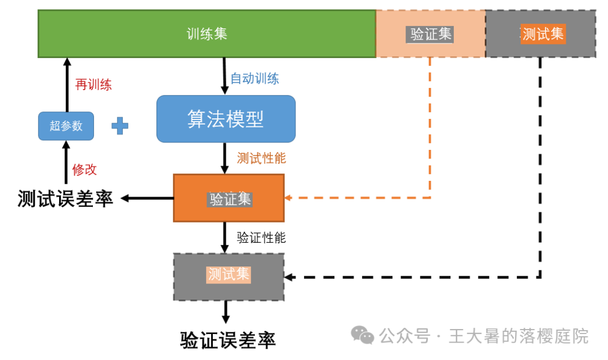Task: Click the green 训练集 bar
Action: (207, 34)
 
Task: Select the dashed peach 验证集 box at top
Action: (431, 34)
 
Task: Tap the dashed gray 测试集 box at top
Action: (540, 34)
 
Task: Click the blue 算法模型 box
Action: (226, 119)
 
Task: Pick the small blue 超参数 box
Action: (66, 126)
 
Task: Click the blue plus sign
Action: (119, 126)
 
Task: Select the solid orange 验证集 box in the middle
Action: (229, 198)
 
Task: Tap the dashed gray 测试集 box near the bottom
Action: (229, 276)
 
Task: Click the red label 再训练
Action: (93, 85)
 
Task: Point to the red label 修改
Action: (84, 170)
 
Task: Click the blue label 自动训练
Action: (254, 78)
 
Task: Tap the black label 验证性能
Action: (261, 238)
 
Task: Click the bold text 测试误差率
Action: (65, 199)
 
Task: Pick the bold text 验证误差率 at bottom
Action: (228, 340)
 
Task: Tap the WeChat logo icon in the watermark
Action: (363, 336)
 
